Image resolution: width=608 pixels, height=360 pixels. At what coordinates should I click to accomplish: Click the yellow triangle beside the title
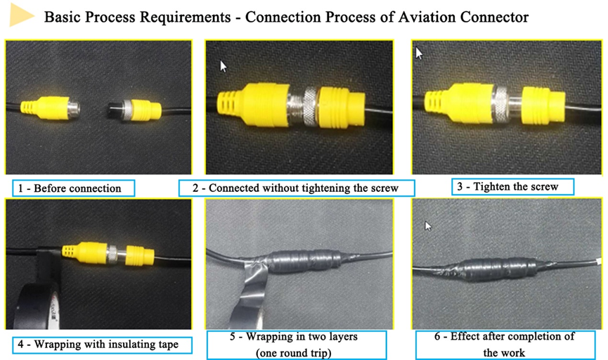(21, 16)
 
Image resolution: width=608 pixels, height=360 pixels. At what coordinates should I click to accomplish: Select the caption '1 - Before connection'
(73, 188)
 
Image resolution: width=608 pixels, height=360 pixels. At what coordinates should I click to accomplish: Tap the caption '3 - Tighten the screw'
(512, 186)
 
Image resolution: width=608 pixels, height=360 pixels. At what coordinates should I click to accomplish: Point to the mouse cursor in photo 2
(224, 66)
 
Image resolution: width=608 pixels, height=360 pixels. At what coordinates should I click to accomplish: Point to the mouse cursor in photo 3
(420, 53)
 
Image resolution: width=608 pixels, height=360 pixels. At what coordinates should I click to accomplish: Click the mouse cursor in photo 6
(428, 226)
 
